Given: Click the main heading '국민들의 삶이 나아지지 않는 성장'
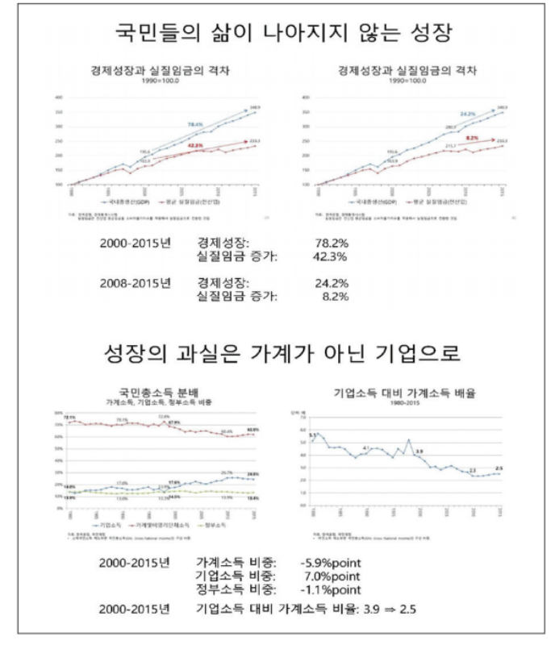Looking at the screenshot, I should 277,35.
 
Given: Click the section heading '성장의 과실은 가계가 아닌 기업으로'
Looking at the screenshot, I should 277,355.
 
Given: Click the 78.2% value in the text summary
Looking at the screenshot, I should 330,240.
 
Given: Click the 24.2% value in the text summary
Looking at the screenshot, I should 330,284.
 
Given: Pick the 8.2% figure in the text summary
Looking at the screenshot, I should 332,297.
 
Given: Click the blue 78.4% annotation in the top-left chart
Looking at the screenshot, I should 194,124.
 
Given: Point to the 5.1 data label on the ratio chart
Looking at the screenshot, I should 312,434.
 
